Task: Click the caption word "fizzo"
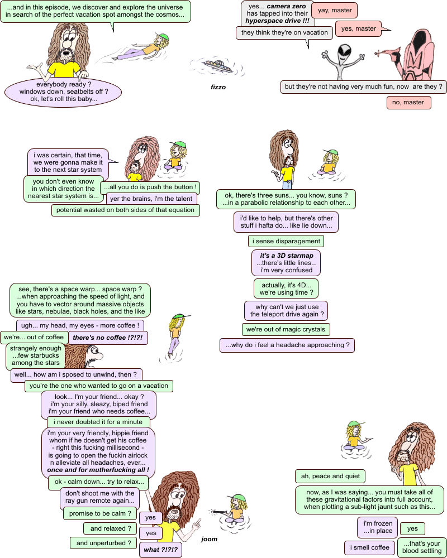218,87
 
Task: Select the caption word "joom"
209,539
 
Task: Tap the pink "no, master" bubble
408,103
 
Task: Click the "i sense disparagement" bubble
286,241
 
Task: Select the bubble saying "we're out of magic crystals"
286,329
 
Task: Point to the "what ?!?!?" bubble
160,550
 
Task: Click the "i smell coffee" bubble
369,547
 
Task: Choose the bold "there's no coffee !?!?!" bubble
108,338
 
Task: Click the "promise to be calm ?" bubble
101,513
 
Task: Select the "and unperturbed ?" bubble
103,542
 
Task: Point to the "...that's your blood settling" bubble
422,547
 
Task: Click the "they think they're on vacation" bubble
277,32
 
